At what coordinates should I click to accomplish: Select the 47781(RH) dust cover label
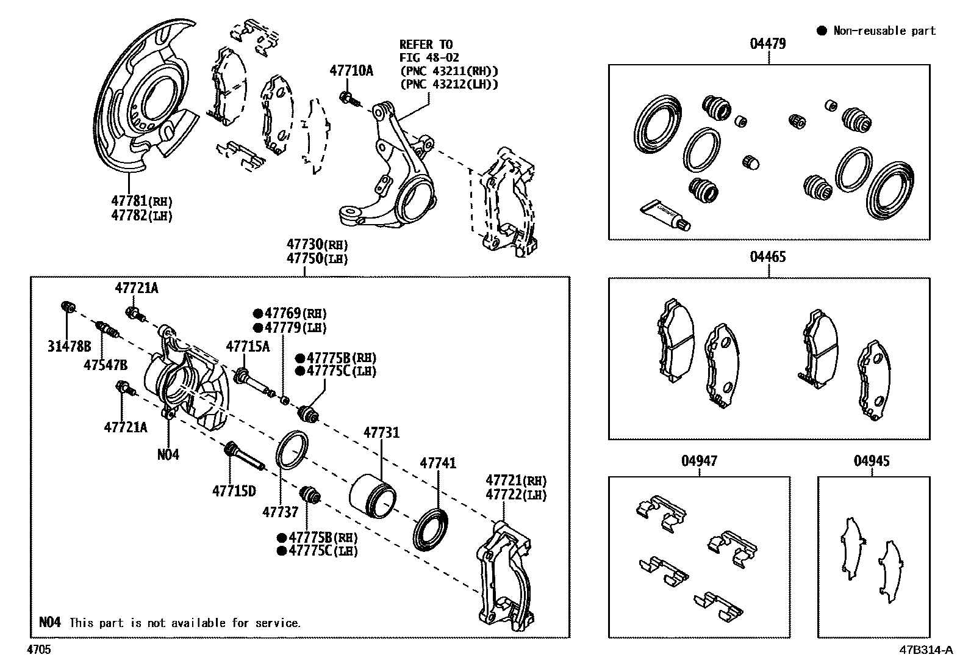click(x=142, y=200)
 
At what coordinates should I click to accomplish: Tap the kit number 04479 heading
click(x=768, y=43)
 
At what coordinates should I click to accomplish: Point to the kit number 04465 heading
click(x=768, y=256)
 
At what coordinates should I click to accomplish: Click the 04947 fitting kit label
click(x=699, y=460)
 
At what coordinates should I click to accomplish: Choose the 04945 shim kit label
click(x=872, y=460)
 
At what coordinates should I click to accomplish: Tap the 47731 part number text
click(x=381, y=433)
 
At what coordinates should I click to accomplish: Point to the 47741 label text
click(x=437, y=463)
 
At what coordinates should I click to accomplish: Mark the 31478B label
click(x=70, y=347)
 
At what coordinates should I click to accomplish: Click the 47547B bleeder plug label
click(x=106, y=365)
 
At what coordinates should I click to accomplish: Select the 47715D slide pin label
click(x=234, y=490)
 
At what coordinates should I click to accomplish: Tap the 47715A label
click(x=248, y=347)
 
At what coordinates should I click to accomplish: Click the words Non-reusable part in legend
click(x=884, y=31)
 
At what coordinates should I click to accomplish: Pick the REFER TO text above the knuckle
click(x=426, y=45)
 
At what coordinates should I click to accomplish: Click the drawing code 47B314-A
click(x=925, y=650)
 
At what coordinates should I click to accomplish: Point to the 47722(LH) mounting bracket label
click(x=516, y=495)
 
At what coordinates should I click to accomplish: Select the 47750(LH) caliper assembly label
click(x=317, y=258)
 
